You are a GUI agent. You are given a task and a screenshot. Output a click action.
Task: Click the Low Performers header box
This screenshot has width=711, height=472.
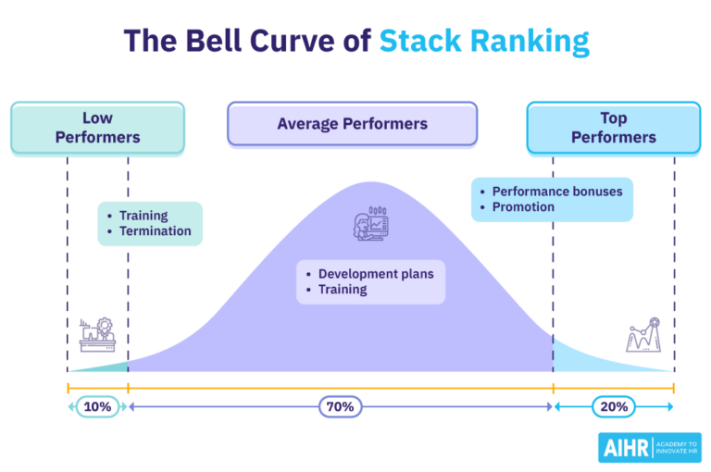(x=97, y=128)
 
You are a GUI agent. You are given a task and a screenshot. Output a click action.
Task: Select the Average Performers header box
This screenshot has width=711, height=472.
(x=352, y=123)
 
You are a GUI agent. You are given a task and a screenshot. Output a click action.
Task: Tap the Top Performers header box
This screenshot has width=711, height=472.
(x=613, y=128)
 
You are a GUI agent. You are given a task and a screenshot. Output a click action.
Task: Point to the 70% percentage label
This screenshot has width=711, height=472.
(x=340, y=406)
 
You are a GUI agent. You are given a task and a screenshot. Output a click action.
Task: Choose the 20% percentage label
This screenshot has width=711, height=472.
(x=613, y=406)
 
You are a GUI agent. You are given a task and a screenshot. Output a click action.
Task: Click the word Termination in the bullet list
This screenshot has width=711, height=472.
(x=155, y=231)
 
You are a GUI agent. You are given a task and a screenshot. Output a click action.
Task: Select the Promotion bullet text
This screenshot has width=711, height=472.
(x=523, y=207)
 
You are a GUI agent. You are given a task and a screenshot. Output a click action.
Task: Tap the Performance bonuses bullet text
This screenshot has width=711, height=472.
(x=556, y=192)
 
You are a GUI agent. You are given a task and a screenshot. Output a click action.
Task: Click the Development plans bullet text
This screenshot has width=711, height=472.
(x=375, y=274)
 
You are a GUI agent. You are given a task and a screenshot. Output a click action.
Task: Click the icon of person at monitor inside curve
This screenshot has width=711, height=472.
(x=370, y=225)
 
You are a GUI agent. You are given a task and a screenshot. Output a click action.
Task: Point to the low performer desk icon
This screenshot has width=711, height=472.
(x=97, y=334)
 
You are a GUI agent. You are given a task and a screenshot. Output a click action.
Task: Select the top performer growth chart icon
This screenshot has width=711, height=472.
(x=643, y=334)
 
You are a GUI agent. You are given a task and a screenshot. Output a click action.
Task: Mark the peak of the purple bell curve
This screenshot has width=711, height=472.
(x=370, y=183)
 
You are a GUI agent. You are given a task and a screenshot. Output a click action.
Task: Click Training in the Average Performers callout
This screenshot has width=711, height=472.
(x=342, y=290)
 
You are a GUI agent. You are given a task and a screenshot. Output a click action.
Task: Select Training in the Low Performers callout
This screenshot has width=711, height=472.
(x=143, y=216)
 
